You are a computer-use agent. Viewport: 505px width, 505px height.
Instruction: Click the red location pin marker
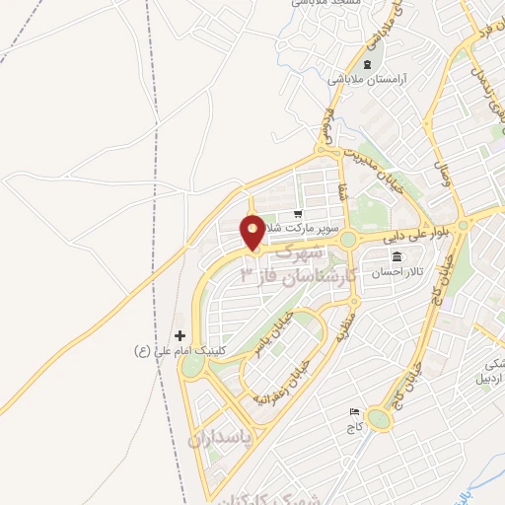click(252, 232)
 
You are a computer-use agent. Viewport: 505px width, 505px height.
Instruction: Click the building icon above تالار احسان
click(396, 256)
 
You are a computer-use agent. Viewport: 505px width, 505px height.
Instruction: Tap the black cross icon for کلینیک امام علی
click(180, 336)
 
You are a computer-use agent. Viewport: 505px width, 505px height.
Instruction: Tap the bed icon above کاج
click(354, 412)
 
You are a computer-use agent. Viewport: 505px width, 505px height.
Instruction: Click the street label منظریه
click(345, 321)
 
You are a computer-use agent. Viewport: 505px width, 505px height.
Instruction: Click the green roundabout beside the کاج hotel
click(379, 421)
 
